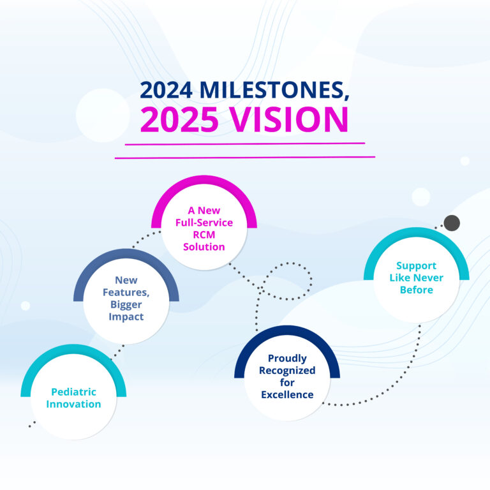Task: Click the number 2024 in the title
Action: (x=166, y=90)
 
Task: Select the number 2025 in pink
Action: (x=179, y=119)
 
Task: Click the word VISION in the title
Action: (x=289, y=119)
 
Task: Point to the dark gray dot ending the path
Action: (x=452, y=223)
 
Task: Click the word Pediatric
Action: (x=74, y=392)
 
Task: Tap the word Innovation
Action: (x=74, y=404)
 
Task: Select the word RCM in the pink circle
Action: (x=204, y=234)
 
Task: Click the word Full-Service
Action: (x=204, y=223)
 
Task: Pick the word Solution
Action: (x=204, y=247)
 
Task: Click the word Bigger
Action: (x=126, y=305)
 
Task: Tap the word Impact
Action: (x=126, y=317)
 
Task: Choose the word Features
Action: (x=126, y=292)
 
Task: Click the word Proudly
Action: (x=287, y=358)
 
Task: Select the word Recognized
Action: (x=287, y=370)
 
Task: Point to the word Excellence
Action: (x=287, y=395)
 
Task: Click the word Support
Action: (x=416, y=266)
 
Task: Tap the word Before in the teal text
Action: (x=417, y=290)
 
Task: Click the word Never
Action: (x=429, y=278)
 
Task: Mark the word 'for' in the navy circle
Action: (x=287, y=383)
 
